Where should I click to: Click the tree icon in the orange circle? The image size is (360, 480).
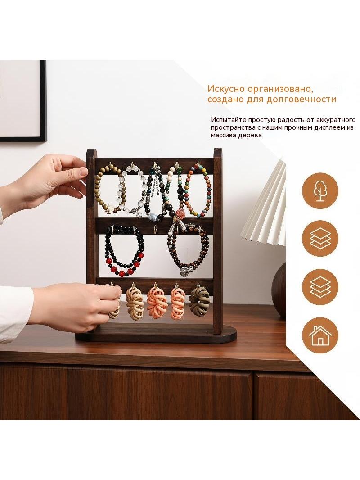tap(320, 191)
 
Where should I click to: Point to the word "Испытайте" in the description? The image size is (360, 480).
tap(228, 119)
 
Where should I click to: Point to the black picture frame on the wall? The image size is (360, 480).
tap(43, 101)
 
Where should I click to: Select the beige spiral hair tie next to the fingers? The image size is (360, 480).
tap(135, 303)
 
